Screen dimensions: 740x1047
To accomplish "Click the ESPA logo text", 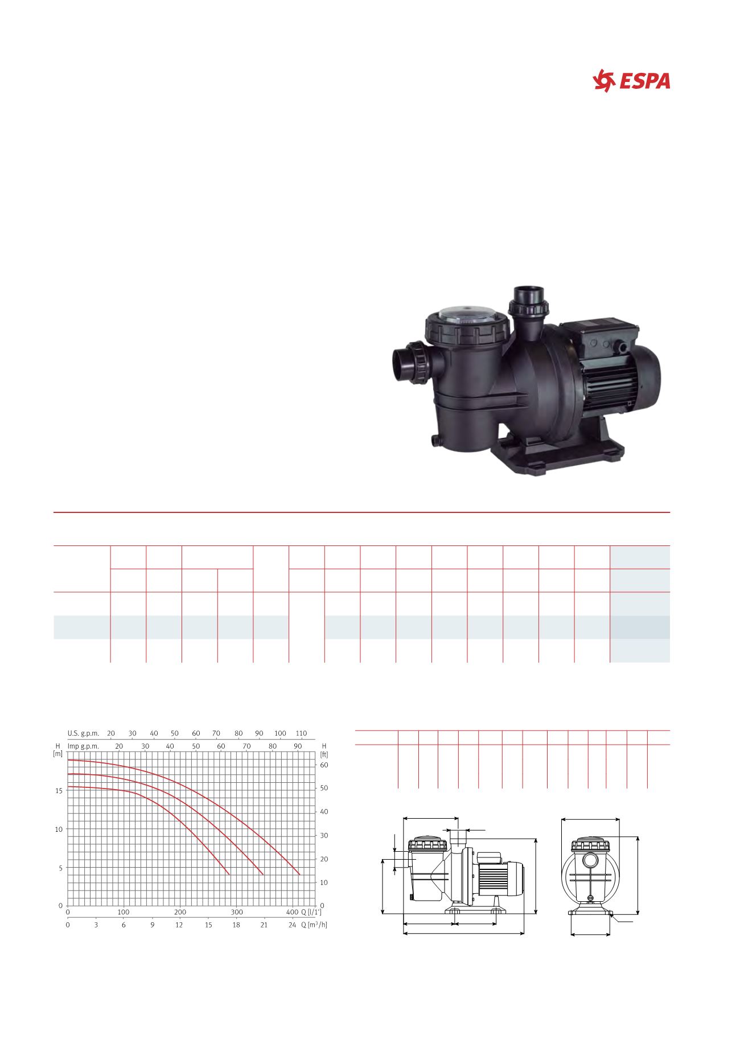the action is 645,81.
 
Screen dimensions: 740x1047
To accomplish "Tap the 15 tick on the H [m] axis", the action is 59,791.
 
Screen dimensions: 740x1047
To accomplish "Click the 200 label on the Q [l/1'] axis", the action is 179,912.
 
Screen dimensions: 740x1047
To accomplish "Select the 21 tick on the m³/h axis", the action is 264,925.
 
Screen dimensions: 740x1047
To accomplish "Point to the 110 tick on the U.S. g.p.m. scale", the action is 302,733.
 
